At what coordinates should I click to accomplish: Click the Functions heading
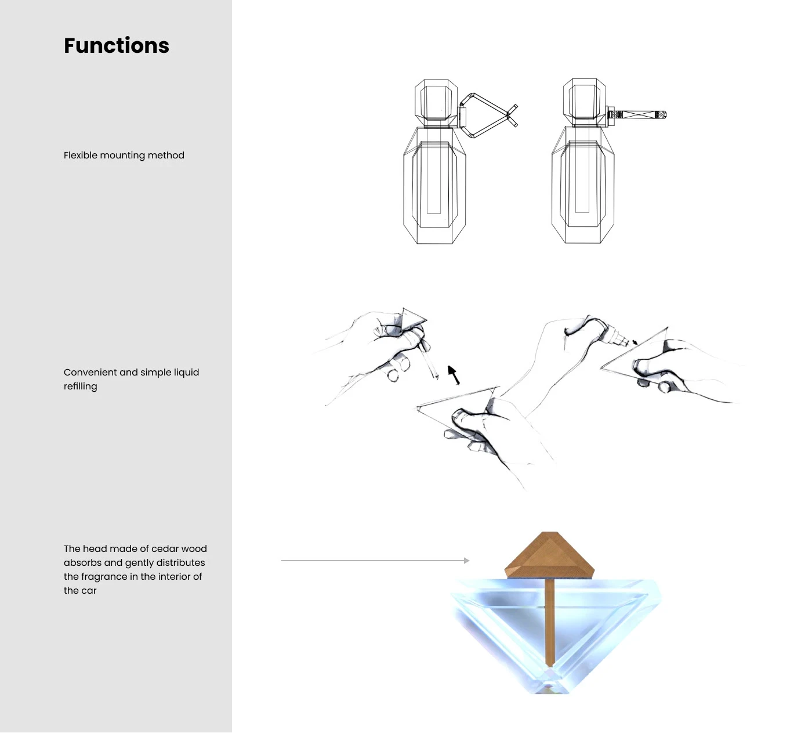click(x=117, y=45)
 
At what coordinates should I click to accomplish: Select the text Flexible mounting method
click(x=124, y=155)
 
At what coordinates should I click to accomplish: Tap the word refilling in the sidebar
click(x=80, y=386)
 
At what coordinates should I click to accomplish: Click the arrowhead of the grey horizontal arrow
click(x=467, y=561)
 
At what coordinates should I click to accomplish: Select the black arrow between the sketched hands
click(x=454, y=375)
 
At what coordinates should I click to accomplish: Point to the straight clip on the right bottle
click(x=637, y=115)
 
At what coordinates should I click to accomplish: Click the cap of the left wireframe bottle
click(x=436, y=100)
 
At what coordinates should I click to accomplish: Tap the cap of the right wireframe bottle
click(x=585, y=99)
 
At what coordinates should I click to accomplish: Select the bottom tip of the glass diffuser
click(x=549, y=689)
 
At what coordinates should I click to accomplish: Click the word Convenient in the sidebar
click(x=90, y=373)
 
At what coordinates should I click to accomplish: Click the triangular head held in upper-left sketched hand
click(x=412, y=317)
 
